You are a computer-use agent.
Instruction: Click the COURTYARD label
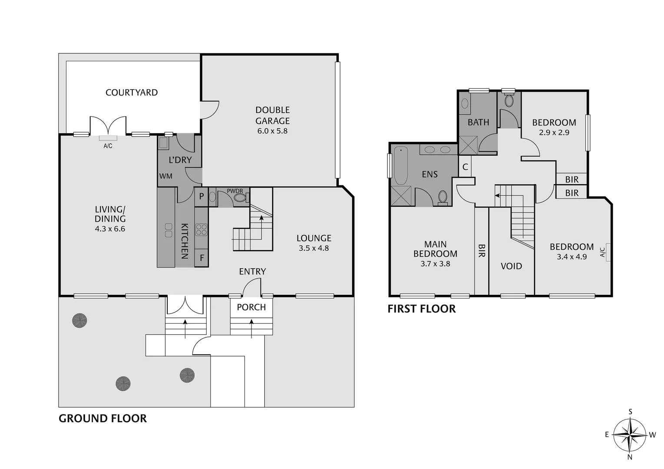[132, 92]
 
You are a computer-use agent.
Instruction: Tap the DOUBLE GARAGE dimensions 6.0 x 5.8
[272, 131]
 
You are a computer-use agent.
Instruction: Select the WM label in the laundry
[165, 176]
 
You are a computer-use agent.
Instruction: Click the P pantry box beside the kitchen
[202, 196]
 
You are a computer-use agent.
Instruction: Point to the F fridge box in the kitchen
[202, 258]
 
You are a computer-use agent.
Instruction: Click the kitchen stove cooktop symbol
[202, 229]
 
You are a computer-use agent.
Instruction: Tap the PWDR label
[235, 191]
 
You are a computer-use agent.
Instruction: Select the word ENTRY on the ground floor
[252, 271]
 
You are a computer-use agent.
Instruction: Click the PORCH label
[251, 307]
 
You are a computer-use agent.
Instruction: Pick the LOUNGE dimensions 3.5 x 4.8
[314, 248]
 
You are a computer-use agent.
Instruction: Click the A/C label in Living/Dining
[108, 146]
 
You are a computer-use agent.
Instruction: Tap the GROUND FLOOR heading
[102, 418]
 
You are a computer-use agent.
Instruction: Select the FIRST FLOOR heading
[421, 309]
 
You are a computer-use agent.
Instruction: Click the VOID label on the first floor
[511, 266]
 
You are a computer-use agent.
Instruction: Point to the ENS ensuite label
[429, 174]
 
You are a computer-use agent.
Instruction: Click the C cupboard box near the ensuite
[465, 167]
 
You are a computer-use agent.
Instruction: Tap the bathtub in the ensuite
[400, 166]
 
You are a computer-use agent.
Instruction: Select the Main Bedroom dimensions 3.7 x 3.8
[435, 264]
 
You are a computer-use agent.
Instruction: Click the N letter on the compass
[630, 456]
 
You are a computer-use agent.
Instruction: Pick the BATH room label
[478, 122]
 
